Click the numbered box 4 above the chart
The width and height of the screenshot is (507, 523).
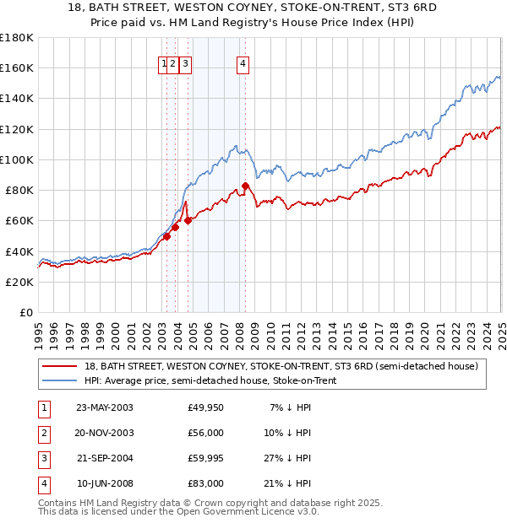click(x=243, y=62)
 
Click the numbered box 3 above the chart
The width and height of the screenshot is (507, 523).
click(x=184, y=62)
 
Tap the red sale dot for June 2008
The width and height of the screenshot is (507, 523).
click(x=245, y=186)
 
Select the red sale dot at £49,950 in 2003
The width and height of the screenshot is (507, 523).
click(x=167, y=236)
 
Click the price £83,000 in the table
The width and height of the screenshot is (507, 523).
click(x=206, y=484)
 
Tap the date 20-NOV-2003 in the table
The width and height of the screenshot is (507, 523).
click(x=104, y=434)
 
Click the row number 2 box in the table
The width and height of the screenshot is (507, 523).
click(x=42, y=434)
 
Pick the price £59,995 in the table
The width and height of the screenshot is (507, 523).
click(x=206, y=459)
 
